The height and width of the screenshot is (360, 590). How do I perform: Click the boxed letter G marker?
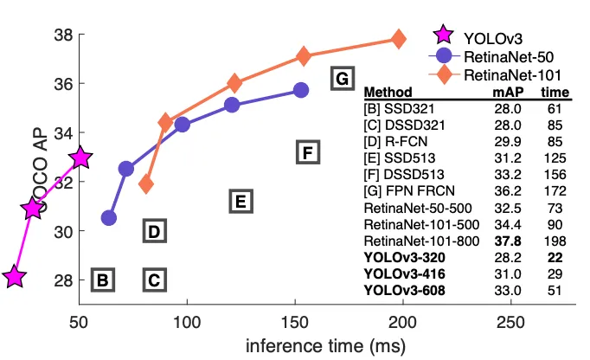click(x=343, y=79)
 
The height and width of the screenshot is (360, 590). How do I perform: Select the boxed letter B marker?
click(x=103, y=280)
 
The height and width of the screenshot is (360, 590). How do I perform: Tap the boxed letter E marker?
click(x=240, y=201)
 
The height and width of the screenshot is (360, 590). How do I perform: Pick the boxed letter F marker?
click(x=308, y=152)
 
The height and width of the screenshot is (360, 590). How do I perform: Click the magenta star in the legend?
click(x=443, y=35)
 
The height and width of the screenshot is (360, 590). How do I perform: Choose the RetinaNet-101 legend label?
click(x=512, y=75)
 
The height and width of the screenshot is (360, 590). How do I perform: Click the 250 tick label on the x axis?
click(x=511, y=322)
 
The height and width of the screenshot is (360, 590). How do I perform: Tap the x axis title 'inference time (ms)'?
click(x=326, y=345)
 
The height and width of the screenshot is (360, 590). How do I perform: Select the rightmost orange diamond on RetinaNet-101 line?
click(x=399, y=39)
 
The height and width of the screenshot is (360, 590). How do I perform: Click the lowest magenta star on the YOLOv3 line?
click(x=14, y=276)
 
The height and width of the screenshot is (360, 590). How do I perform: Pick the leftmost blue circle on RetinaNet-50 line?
click(x=109, y=218)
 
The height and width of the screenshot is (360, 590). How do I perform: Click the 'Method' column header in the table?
click(x=388, y=92)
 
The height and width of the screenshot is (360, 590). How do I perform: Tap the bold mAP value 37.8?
click(x=508, y=241)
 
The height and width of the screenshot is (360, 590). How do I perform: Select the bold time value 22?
click(x=555, y=258)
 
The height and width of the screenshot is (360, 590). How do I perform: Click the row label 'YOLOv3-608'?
click(x=405, y=290)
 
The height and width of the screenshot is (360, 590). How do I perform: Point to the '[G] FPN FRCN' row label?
click(x=409, y=191)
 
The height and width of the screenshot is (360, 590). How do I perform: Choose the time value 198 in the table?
click(x=555, y=241)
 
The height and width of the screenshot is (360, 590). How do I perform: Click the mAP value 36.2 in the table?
click(x=508, y=191)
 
